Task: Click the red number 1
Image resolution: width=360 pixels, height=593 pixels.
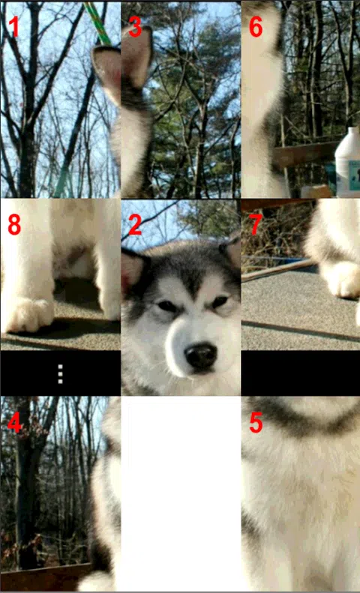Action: pos(14,27)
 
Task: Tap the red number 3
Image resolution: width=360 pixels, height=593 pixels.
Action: pos(135,27)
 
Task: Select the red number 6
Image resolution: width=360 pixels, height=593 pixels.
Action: pos(256,27)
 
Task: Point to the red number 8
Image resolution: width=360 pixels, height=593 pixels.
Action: pos(14,225)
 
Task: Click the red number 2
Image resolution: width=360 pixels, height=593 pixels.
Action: pos(135,225)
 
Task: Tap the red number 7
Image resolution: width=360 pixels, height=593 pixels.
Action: pos(256,225)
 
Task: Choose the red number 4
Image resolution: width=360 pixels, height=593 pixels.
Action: pos(14,424)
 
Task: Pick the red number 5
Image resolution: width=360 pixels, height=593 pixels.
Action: pos(256,424)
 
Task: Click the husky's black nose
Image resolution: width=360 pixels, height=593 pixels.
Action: pos(201,356)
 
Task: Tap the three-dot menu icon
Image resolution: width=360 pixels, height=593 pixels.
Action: pos(60,374)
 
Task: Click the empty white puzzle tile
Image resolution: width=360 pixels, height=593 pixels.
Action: pos(181,493)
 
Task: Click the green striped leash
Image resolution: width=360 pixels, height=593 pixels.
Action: pos(97,22)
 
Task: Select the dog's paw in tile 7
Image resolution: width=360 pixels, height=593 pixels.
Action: pos(342,279)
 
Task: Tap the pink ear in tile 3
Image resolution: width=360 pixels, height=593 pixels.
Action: pos(137,57)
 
